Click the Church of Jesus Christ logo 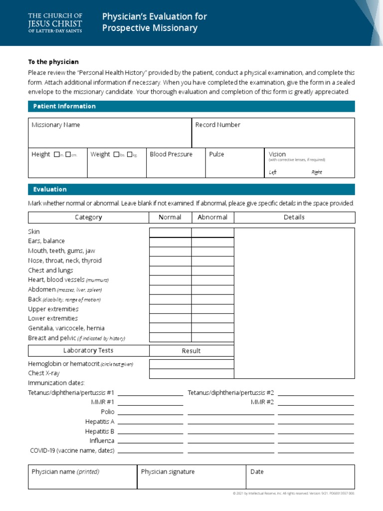point(55,23)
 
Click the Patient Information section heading point(64,106)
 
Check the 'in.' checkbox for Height point(56,155)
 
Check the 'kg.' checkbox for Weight point(130,155)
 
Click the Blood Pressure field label point(171,154)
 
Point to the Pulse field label point(216,154)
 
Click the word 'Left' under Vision point(273,172)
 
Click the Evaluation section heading point(50,190)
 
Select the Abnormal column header point(212,217)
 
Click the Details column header point(294,217)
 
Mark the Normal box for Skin point(171,233)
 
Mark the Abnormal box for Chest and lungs point(212,271)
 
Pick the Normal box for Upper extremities point(171,309)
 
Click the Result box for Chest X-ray point(191,373)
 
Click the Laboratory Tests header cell point(88,350)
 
